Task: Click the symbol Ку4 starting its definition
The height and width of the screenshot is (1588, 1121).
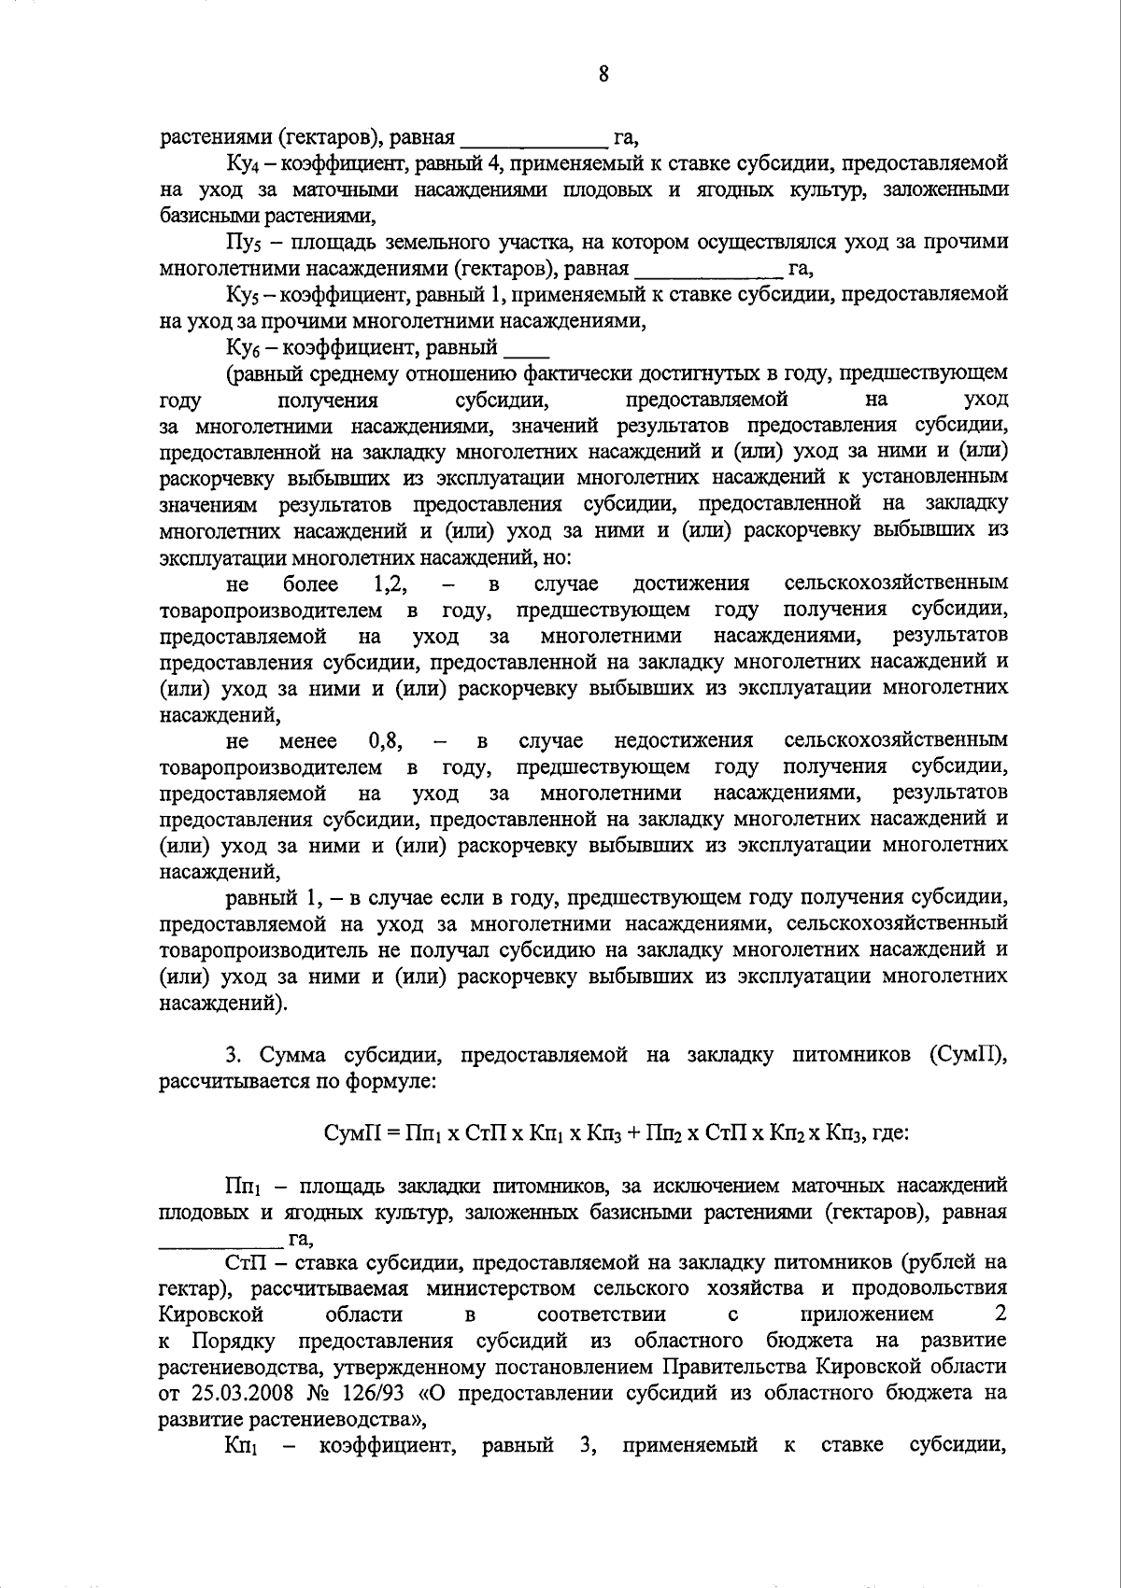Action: [x=240, y=164]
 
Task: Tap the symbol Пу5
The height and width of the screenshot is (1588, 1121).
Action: [x=240, y=244]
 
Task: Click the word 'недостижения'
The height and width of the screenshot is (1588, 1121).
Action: [x=684, y=741]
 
